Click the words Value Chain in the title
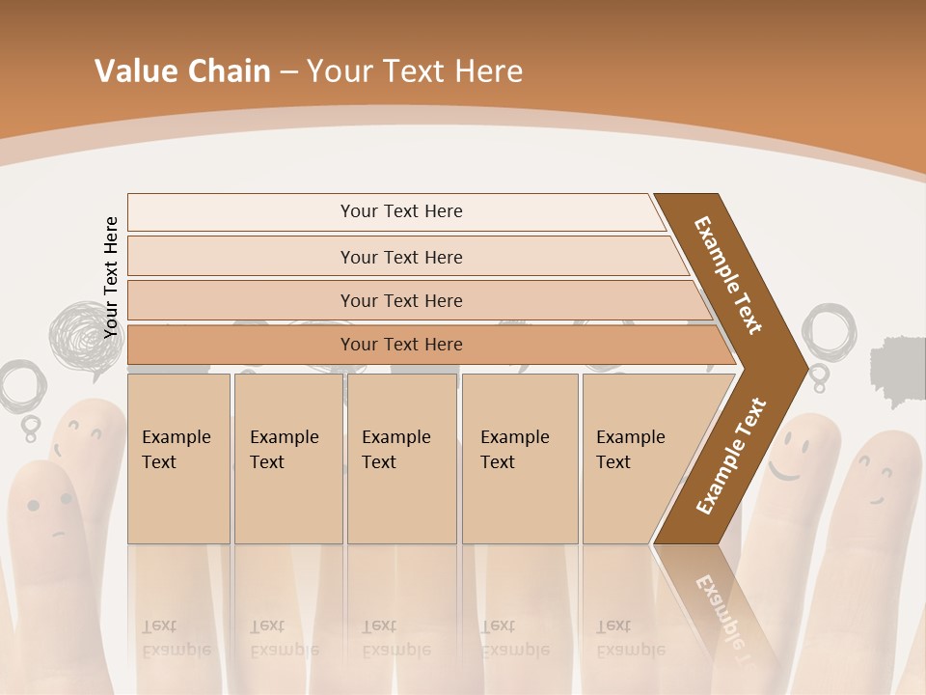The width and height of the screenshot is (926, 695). click(182, 71)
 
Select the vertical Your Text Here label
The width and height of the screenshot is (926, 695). click(111, 277)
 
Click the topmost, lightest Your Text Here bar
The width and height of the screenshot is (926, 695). click(401, 211)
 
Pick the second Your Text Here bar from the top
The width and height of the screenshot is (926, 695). click(401, 257)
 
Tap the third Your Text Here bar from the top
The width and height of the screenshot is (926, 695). click(401, 300)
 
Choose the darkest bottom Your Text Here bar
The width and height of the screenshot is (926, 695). click(401, 345)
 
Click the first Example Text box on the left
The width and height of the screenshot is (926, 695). click(178, 458)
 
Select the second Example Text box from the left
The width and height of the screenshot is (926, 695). click(287, 458)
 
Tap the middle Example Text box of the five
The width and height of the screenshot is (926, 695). click(401, 458)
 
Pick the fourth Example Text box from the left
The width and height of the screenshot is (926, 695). click(520, 458)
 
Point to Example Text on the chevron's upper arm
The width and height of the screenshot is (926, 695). click(728, 275)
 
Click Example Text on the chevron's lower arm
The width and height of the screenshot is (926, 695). click(730, 457)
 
